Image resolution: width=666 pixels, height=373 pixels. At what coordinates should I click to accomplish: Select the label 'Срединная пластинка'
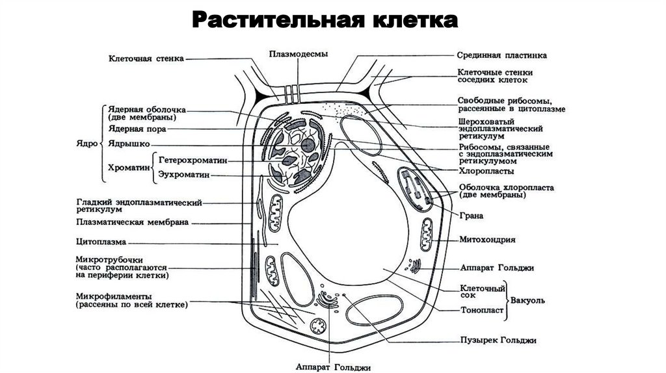(x=501, y=56)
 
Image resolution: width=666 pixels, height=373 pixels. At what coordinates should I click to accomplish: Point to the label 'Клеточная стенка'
(x=146, y=58)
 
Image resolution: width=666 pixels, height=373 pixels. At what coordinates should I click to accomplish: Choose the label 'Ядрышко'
(x=129, y=143)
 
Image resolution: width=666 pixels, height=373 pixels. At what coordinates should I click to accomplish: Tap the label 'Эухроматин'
(x=184, y=175)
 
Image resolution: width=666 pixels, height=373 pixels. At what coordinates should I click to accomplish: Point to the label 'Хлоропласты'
(x=486, y=172)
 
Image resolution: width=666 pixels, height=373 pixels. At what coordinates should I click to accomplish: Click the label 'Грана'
(x=470, y=215)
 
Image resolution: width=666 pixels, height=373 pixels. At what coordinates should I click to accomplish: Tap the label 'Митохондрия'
(x=487, y=240)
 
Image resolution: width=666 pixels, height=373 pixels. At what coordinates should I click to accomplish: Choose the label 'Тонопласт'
(x=482, y=310)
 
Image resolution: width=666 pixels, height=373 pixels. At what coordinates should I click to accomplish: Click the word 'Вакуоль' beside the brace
(x=527, y=301)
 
